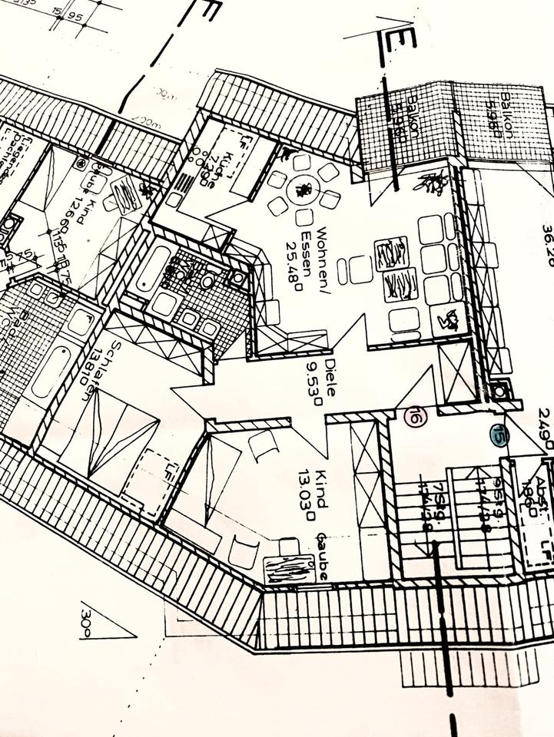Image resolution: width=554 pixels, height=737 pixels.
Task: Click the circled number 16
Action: (x=416, y=418)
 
